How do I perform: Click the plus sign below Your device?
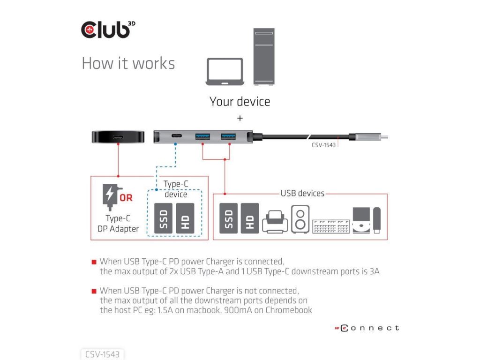tap(240, 117)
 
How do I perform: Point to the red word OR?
tap(126, 198)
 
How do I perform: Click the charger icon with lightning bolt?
tap(110, 196)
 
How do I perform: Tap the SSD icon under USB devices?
tap(228, 218)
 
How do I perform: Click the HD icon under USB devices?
tap(250, 218)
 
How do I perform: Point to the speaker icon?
tap(300, 219)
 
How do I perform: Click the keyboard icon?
tap(331, 226)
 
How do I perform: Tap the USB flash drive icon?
tap(377, 219)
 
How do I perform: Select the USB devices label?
tap(302, 193)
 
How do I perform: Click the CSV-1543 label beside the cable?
tap(323, 145)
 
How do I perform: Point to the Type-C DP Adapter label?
tap(118, 224)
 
